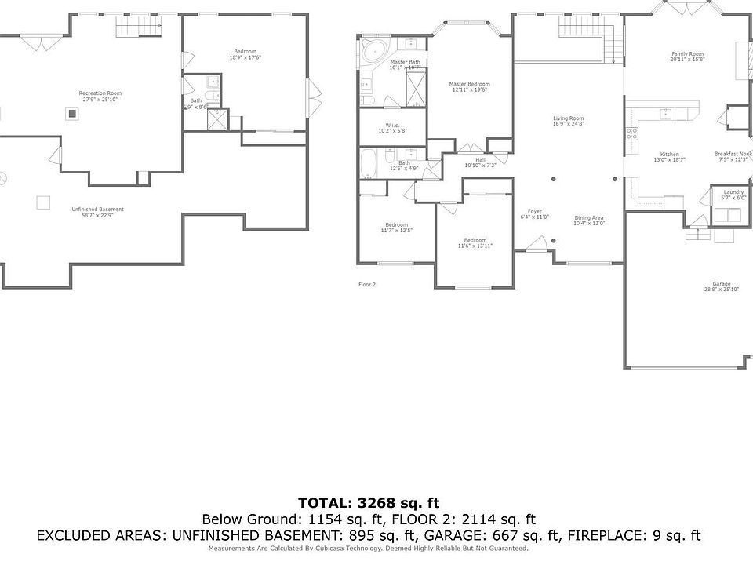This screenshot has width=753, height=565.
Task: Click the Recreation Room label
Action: point(100,93)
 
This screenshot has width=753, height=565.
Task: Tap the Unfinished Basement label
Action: point(97,209)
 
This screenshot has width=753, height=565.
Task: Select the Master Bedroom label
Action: point(469,84)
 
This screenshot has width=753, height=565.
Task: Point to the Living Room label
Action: point(568,118)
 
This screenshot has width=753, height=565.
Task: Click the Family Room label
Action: point(687,54)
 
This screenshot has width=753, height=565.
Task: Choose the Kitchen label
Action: point(669,154)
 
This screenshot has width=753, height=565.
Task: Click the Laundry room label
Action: point(733,192)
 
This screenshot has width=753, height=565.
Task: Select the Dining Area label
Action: point(588,217)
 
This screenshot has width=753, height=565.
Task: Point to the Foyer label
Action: point(534,211)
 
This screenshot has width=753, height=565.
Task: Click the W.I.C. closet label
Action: point(393,126)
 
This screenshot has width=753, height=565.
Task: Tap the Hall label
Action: point(480,159)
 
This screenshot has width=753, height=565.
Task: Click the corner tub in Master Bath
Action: point(371,56)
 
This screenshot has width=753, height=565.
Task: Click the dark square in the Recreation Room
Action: point(72,113)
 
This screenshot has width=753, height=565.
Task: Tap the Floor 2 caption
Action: point(367,284)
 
